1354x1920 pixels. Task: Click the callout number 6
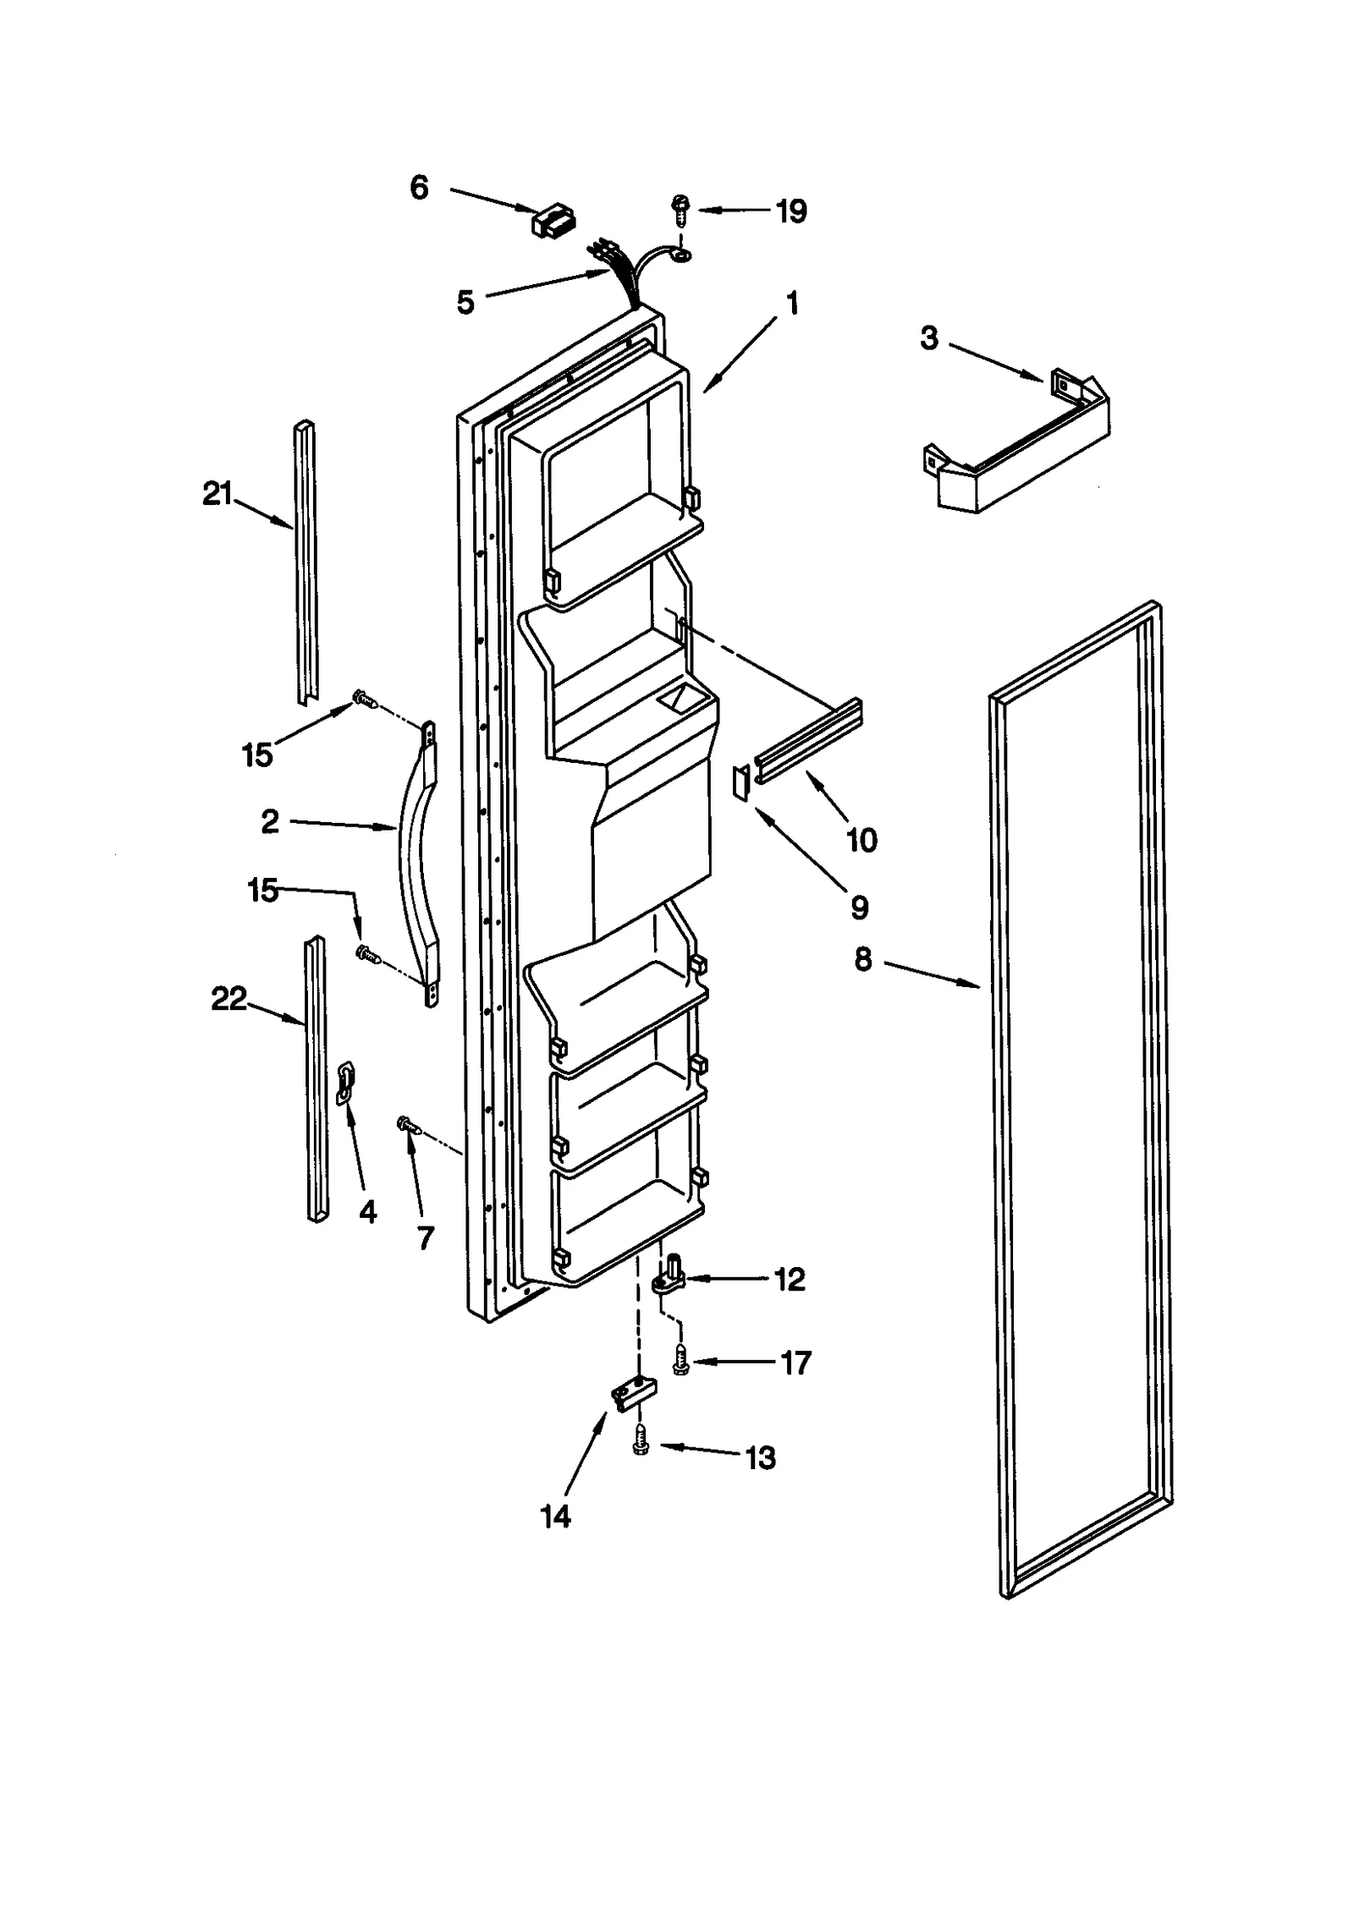point(419,187)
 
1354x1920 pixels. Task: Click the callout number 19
point(791,211)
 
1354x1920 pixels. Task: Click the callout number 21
point(217,493)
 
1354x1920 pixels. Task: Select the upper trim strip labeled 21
point(305,562)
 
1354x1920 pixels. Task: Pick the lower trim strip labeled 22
point(315,1078)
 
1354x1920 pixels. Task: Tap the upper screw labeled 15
point(363,699)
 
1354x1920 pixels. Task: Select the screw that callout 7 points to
point(408,1124)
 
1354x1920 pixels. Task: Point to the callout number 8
point(862,960)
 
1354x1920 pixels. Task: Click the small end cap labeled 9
point(741,782)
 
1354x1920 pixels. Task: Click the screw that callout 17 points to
point(680,1361)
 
